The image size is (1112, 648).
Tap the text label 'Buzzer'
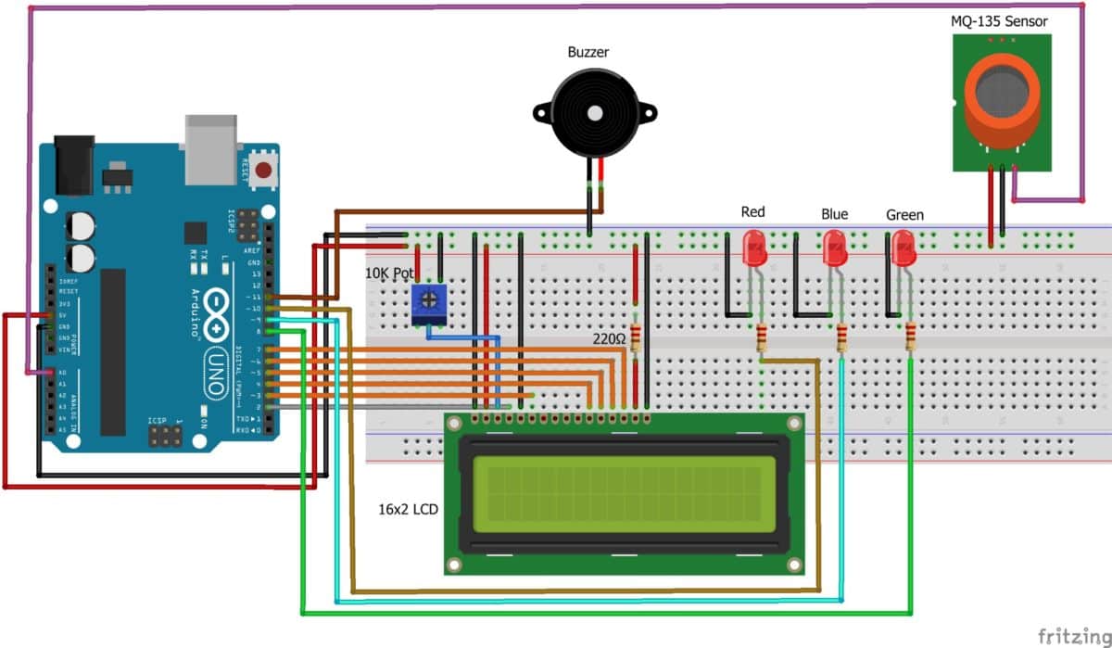click(588, 52)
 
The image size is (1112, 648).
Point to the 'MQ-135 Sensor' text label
click(1002, 20)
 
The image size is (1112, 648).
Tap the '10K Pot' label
click(389, 275)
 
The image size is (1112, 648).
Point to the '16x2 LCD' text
click(408, 510)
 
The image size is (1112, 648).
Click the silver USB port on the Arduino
click(211, 148)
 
